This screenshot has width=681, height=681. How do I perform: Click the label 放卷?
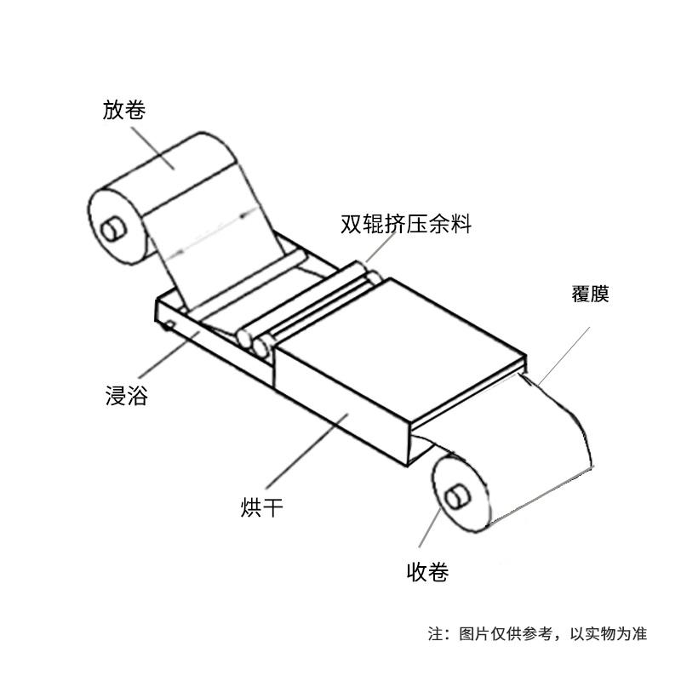123,110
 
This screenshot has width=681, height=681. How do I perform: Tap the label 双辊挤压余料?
406,224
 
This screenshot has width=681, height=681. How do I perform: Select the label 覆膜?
590,294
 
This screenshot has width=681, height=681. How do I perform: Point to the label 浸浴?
126,396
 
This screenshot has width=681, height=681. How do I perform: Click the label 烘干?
262,506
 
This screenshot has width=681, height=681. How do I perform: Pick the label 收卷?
427,571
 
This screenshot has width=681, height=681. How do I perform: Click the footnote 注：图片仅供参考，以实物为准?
537,633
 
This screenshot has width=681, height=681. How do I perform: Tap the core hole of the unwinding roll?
114,229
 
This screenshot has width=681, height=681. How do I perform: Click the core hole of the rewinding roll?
457,497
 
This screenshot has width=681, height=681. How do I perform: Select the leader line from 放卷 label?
152,148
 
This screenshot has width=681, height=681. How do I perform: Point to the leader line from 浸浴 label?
169,354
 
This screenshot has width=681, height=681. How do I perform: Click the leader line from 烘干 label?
307,451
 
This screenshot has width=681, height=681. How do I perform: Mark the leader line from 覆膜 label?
564,356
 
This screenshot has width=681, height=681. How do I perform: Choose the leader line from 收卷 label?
430,528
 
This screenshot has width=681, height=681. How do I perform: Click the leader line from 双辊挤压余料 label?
381,248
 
